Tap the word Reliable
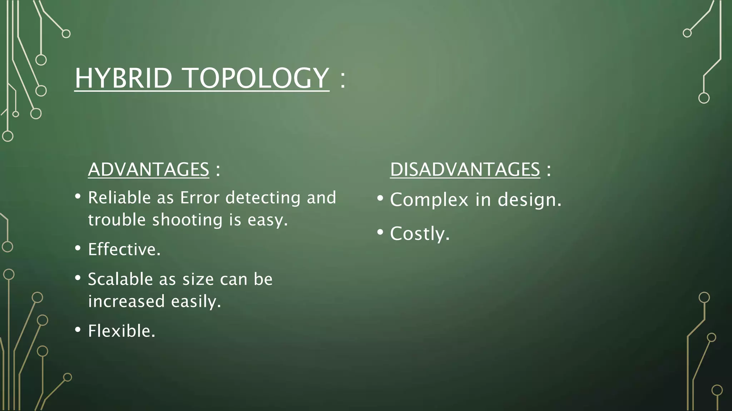(120, 198)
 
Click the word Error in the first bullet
(199, 198)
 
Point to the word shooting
(187, 220)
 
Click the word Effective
(124, 249)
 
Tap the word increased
(126, 301)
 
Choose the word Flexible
(121, 331)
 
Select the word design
(529, 200)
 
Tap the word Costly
(419, 234)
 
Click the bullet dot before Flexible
(78, 330)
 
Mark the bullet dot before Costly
(380, 232)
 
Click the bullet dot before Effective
(78, 248)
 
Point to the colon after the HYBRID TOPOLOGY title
(343, 79)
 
